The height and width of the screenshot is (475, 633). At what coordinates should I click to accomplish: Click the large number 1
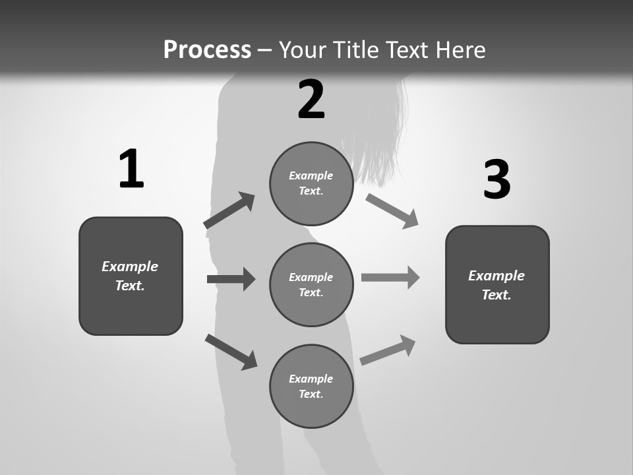131,169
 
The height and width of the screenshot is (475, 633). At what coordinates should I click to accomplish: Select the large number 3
497,180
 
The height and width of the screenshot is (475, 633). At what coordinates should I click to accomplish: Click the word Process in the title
207,49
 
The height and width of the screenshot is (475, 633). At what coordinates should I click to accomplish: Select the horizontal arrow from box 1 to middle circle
231,279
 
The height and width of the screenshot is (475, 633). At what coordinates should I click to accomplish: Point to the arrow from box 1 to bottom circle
231,351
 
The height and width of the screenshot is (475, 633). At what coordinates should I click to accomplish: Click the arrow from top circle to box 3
392,210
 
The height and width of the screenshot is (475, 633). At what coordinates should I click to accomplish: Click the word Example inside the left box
130,267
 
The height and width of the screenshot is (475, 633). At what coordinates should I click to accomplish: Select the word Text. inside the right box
497,295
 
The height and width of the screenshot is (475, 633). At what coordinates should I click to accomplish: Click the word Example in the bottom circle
311,379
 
